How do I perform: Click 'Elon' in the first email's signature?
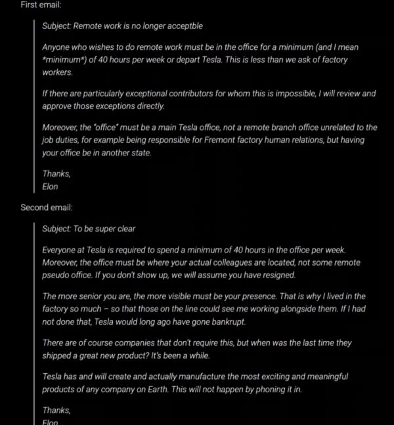point(50,186)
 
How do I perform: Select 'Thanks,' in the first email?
point(56,174)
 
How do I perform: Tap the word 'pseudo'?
point(57,275)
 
